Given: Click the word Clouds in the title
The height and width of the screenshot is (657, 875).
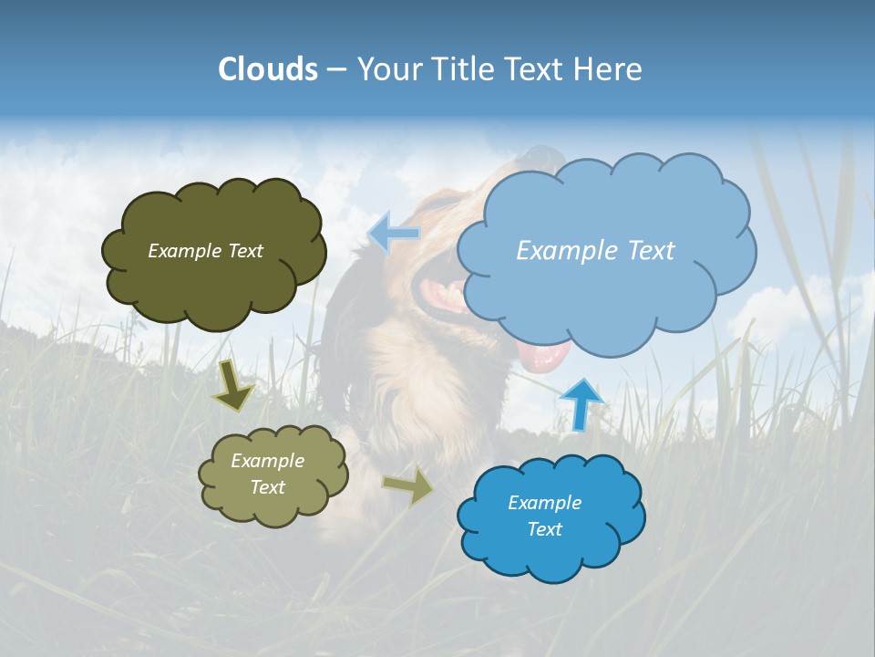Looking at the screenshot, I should [x=268, y=69].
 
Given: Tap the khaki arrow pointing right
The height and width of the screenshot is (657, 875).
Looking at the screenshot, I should [x=409, y=486].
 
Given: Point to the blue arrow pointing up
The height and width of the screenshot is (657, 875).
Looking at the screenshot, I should [x=581, y=403].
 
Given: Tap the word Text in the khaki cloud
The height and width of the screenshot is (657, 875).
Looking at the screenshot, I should [x=267, y=487].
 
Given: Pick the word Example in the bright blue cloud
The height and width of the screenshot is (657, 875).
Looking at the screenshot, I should [x=544, y=503].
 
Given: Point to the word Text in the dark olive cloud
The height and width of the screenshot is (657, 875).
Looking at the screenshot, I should [x=244, y=251].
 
